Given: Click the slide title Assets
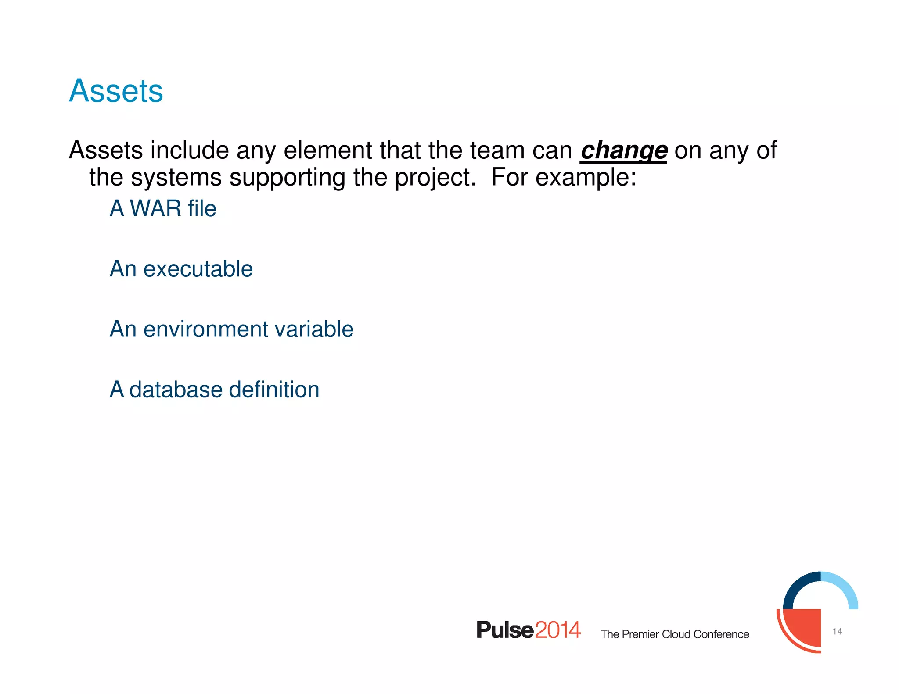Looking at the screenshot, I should click(116, 91).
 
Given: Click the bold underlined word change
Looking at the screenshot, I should click(623, 150).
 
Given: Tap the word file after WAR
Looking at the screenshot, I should click(202, 208).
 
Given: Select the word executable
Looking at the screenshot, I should click(198, 269).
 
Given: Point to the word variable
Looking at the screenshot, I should click(313, 329).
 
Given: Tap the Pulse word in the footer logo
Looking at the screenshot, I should click(505, 630).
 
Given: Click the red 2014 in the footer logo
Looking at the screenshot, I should click(558, 630).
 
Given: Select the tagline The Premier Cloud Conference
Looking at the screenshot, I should click(675, 634).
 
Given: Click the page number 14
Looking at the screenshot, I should click(837, 631).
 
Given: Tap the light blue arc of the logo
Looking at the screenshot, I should click(845, 588).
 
